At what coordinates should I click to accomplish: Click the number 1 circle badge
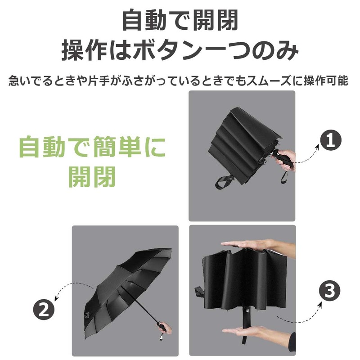pyautogui.click(x=331, y=141)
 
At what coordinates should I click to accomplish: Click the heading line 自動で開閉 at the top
pyautogui.click(x=180, y=20)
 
